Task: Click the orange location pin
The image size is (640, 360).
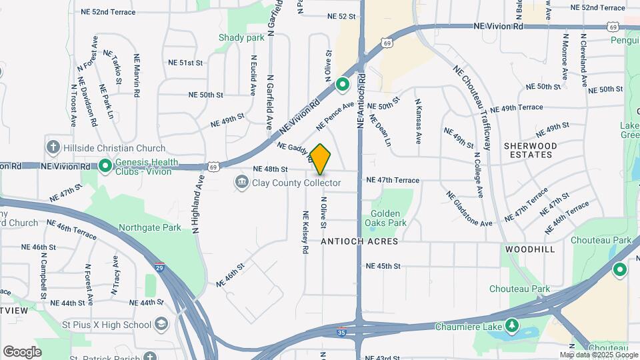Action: coord(321,159)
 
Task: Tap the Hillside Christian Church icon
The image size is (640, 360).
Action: coord(53,147)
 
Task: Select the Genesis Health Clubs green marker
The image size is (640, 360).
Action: coord(105,166)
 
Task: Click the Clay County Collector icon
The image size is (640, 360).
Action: coord(241,182)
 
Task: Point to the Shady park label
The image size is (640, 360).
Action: coord(241,38)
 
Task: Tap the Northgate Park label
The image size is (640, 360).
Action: coord(149,227)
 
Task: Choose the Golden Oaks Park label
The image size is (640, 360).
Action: coord(388,218)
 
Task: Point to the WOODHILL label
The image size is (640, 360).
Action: coord(530,249)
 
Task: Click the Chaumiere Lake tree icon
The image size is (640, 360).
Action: coord(511,326)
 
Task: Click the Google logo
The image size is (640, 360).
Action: coord(22,352)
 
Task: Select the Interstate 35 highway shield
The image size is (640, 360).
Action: coord(341,331)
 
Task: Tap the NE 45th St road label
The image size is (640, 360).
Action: coord(383,266)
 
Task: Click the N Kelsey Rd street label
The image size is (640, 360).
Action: coord(305,233)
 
